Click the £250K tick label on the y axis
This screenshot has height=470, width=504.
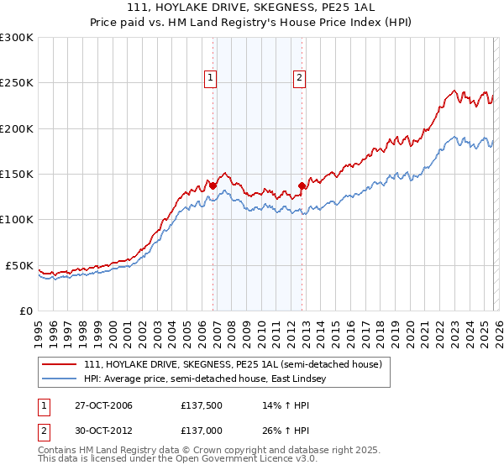point(17,83)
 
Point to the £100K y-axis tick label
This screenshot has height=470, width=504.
point(17,219)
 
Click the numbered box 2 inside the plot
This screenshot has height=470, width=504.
point(299,78)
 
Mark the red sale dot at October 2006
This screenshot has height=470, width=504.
point(213,185)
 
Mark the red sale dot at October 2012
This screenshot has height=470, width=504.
point(302,186)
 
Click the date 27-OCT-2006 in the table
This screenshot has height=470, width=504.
point(97,405)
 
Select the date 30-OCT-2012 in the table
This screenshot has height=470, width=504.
point(97,431)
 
